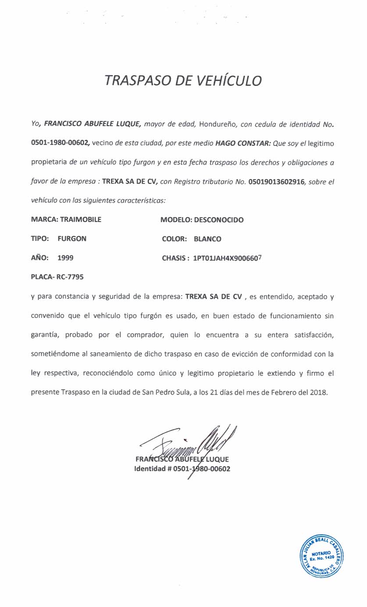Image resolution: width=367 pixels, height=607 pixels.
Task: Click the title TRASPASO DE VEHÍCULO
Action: [x=183, y=81]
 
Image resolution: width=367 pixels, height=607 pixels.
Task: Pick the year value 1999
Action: [x=65, y=258]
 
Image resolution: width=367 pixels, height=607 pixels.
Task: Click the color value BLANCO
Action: [x=207, y=239]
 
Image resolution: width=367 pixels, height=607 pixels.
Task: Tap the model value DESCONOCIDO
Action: [x=218, y=219]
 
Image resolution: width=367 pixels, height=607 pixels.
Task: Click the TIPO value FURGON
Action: [x=72, y=239]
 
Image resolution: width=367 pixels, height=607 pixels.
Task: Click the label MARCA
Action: [x=43, y=219]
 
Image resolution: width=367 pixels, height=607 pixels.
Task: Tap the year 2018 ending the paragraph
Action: [x=318, y=392]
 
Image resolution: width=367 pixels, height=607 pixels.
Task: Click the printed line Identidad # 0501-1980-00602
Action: [x=182, y=469]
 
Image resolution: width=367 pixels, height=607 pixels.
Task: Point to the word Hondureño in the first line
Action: [x=218, y=124]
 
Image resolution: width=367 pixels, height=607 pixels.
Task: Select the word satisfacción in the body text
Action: [x=310, y=335]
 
